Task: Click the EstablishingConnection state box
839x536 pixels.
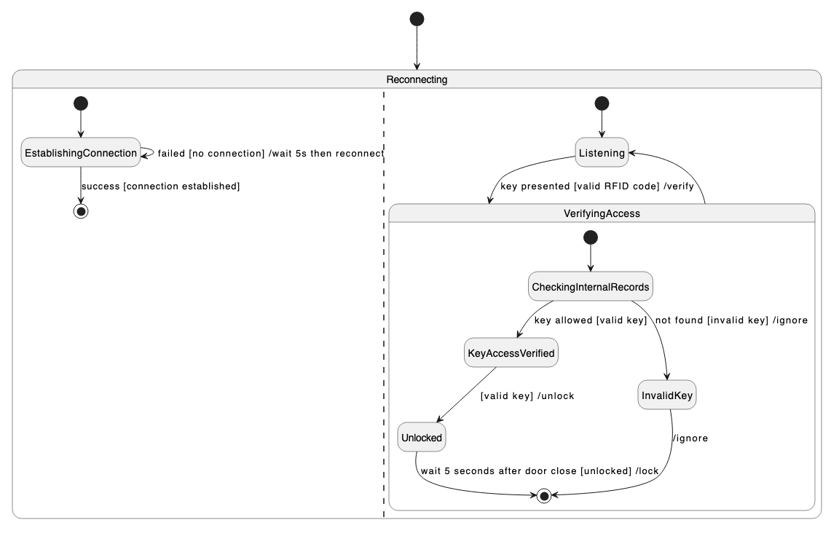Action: [x=81, y=153]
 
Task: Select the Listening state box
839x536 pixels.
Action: [x=602, y=153]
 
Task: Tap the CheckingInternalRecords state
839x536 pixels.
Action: [x=590, y=286]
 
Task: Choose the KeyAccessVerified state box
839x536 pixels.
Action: [x=511, y=354]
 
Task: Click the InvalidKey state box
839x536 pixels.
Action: [x=667, y=396]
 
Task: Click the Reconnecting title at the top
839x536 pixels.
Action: [x=417, y=79]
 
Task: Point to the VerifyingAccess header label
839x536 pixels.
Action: [x=602, y=213]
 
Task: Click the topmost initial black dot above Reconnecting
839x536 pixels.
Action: [x=417, y=19]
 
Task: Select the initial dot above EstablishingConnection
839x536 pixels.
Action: [x=81, y=103]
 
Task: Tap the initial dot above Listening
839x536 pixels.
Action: [x=602, y=103]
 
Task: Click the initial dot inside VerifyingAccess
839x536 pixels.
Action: [x=591, y=237]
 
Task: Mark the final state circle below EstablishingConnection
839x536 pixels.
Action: [x=81, y=211]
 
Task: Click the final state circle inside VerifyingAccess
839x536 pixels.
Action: [x=543, y=496]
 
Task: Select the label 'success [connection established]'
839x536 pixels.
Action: [x=161, y=186]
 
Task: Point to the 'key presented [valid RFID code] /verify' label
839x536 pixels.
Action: [x=602, y=186]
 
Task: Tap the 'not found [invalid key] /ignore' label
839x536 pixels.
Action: [x=731, y=320]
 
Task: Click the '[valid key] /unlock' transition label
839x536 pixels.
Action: [x=527, y=396]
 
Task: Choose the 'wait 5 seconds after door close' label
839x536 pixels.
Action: [x=540, y=471]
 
